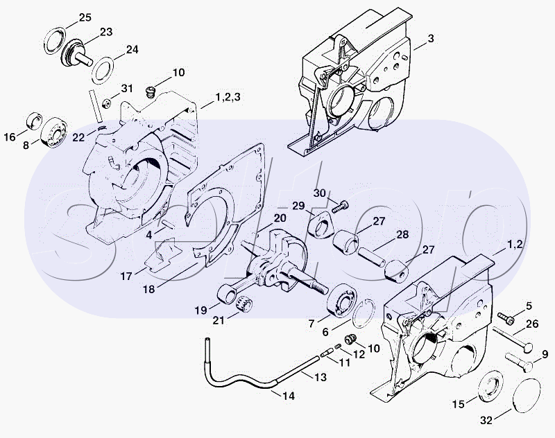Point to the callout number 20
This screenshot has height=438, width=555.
pos(279,218)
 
